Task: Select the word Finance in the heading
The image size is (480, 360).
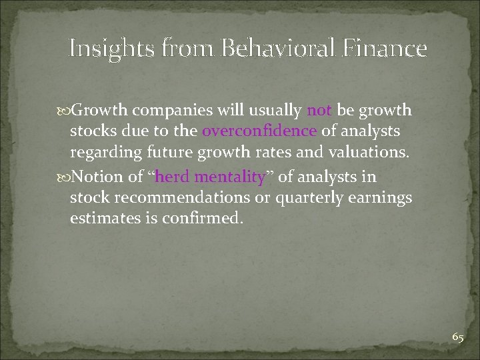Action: pyautogui.click(x=387, y=49)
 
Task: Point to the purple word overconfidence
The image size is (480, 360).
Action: pyautogui.click(x=259, y=131)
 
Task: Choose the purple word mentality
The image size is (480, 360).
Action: pyautogui.click(x=229, y=177)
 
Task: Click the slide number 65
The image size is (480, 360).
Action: pyautogui.click(x=457, y=337)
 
